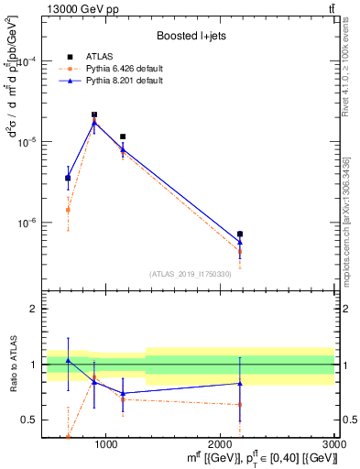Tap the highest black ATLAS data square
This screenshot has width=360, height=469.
(94, 115)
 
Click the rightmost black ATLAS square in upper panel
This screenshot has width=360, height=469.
(240, 234)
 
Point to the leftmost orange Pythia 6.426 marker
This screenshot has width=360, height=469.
(68, 210)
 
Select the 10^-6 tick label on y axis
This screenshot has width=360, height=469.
(32, 223)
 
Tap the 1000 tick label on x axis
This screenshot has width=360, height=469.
(106, 444)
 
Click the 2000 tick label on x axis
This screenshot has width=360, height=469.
(221, 444)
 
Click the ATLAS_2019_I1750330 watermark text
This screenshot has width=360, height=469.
(190, 274)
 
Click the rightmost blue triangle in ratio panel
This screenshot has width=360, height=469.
(240, 383)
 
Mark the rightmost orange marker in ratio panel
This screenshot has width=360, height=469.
(240, 404)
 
